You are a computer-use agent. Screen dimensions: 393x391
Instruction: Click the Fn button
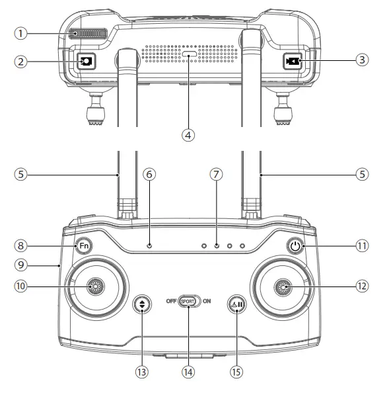[x=83, y=245]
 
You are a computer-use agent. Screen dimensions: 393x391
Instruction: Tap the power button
[x=296, y=246]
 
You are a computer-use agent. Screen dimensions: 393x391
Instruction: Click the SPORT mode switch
[x=188, y=299]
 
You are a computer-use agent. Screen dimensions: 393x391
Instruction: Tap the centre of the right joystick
[x=284, y=286]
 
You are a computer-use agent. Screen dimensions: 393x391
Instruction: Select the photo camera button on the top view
[x=87, y=62]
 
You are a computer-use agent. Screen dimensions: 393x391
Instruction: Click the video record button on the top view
[x=292, y=62]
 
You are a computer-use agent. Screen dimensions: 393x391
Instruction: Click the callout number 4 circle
[x=188, y=134]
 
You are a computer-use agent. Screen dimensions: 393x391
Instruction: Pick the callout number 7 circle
[x=216, y=175]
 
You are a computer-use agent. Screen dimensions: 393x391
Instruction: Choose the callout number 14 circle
[x=188, y=372]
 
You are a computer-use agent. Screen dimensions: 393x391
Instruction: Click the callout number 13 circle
[x=141, y=372]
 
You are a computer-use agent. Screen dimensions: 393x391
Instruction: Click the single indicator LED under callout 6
[x=150, y=246]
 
